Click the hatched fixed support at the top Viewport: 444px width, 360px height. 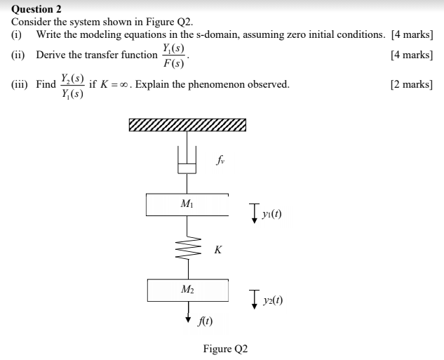188,126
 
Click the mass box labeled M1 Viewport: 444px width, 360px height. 187,204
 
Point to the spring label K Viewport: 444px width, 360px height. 218,250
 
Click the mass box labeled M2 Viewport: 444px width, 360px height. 187,290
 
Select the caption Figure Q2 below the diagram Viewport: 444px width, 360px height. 225,348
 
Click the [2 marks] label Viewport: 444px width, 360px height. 411,84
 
